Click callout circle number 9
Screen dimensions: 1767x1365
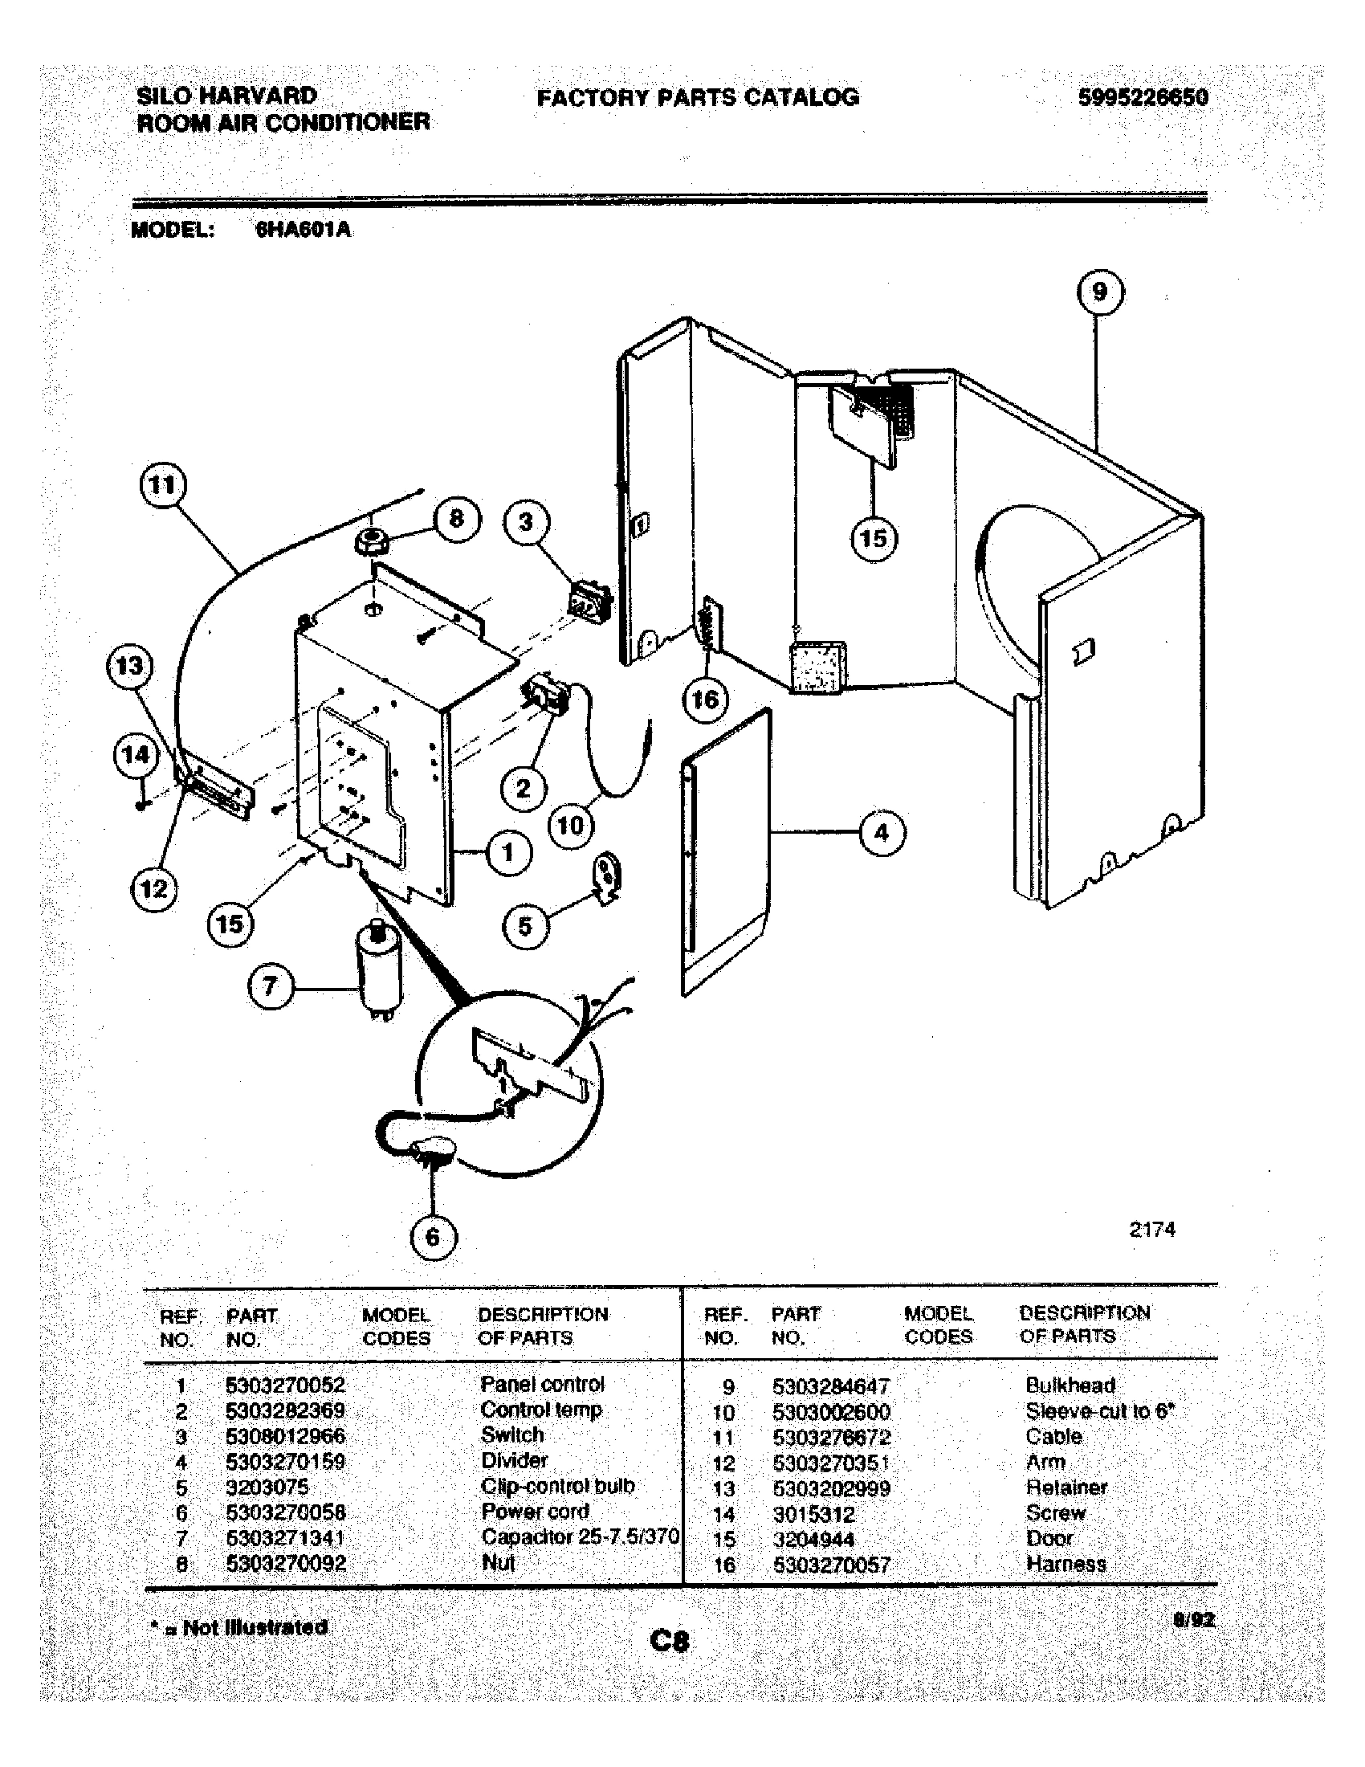tap(1100, 292)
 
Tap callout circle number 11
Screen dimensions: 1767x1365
tap(162, 485)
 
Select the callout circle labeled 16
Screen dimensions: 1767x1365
tap(705, 698)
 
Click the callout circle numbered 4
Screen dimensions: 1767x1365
tap(882, 832)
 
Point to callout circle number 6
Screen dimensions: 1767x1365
tap(433, 1236)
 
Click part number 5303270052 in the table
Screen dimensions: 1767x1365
tap(286, 1385)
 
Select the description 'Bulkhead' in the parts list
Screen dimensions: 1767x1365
tap(1070, 1385)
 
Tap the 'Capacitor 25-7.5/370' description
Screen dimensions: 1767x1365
tap(579, 1536)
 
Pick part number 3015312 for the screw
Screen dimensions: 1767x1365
tap(813, 1514)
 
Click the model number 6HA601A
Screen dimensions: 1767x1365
tap(304, 230)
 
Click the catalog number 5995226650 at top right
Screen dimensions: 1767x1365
tap(1143, 98)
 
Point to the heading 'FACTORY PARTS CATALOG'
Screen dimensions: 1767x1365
tap(698, 98)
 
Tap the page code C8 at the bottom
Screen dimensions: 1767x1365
tap(670, 1642)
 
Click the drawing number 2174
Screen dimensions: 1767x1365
tap(1151, 1230)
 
